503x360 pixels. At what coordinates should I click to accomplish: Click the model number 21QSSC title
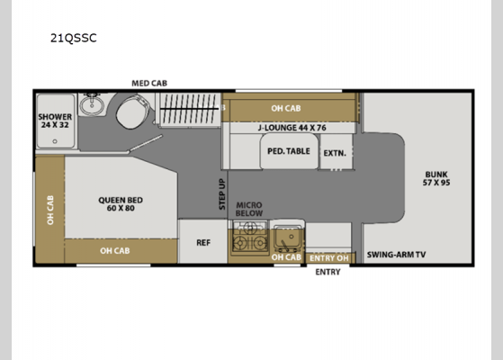pyautogui.click(x=74, y=38)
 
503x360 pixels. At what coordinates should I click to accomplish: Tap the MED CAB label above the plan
pyautogui.click(x=149, y=83)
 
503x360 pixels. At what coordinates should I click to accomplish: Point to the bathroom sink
pyautogui.click(x=90, y=106)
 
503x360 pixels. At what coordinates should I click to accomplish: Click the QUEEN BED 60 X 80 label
pyautogui.click(x=120, y=204)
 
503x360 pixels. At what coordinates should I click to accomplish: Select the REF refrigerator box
pyautogui.click(x=202, y=242)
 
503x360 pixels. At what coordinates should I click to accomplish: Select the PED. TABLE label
pyautogui.click(x=288, y=151)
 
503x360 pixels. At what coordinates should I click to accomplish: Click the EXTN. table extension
pyautogui.click(x=335, y=152)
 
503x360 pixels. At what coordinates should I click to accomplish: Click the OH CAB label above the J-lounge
pyautogui.click(x=286, y=109)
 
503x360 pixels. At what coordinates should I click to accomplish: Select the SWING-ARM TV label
pyautogui.click(x=396, y=255)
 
